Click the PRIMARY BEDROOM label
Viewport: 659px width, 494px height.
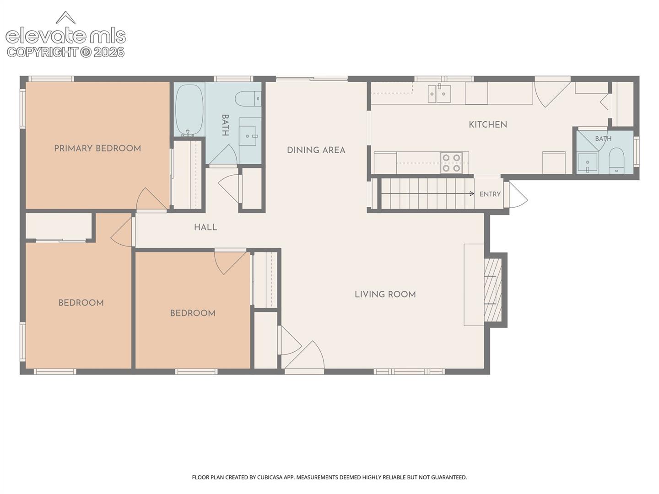coord(97,148)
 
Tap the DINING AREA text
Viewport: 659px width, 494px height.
coord(316,150)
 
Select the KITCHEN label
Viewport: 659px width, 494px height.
coord(488,124)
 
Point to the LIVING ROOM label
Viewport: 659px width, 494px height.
coord(385,294)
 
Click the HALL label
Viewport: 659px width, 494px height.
coord(205,227)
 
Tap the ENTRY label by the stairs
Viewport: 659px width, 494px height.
coord(490,194)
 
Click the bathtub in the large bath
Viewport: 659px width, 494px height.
coord(189,110)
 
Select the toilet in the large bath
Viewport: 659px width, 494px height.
coord(248,98)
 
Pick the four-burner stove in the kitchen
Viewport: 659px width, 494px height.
coord(451,163)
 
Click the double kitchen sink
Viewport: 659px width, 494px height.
coord(439,93)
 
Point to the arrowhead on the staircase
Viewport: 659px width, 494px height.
coord(472,194)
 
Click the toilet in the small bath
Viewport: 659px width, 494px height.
coord(616,161)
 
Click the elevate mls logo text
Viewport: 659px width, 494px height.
coord(66,36)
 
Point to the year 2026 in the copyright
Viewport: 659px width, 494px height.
coord(109,52)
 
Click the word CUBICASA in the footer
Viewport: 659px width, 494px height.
coord(270,477)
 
